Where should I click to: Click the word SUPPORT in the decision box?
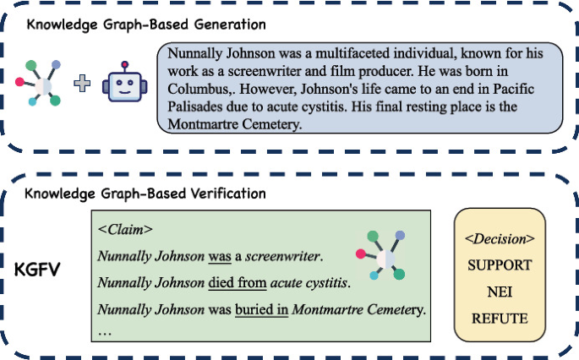coord(500,265)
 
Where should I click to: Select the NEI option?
coord(500,292)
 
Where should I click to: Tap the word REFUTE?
coord(500,319)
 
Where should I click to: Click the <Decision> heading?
coord(500,237)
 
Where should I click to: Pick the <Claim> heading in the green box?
coord(125,228)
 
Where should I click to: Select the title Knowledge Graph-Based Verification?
coord(145,194)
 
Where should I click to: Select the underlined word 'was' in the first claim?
coord(220,254)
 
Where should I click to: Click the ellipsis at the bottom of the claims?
coord(105,332)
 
